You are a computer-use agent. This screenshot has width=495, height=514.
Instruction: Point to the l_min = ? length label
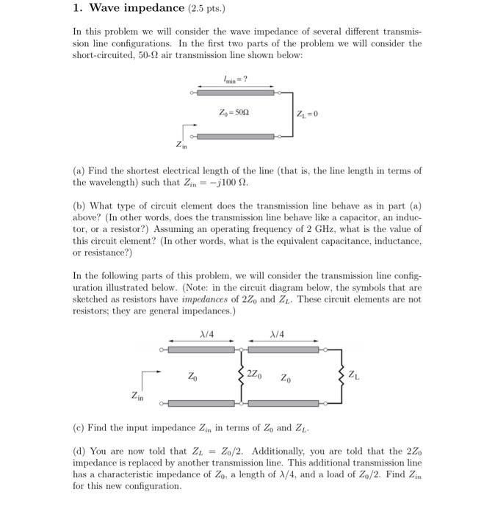(236, 79)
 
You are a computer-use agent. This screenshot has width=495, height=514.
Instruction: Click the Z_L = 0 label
(307, 114)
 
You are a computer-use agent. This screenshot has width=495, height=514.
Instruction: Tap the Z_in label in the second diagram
(137, 396)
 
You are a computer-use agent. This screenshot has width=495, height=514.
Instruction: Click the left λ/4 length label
(208, 334)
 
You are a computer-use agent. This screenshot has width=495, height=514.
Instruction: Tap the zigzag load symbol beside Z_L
(340, 375)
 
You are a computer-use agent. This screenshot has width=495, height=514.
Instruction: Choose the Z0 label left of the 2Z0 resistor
(192, 377)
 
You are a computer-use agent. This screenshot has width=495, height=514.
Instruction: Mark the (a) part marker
(79, 170)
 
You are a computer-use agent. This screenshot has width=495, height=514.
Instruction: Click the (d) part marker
(79, 451)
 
